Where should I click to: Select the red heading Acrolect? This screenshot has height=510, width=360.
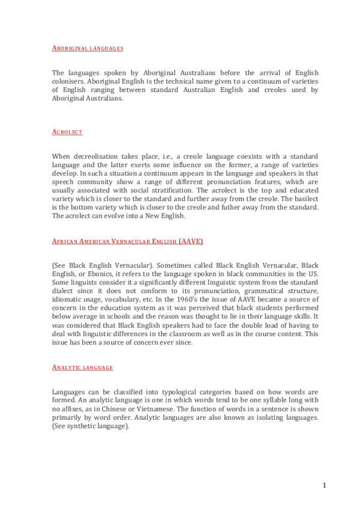(x=67, y=131)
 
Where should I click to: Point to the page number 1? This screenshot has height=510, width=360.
(x=324, y=485)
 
